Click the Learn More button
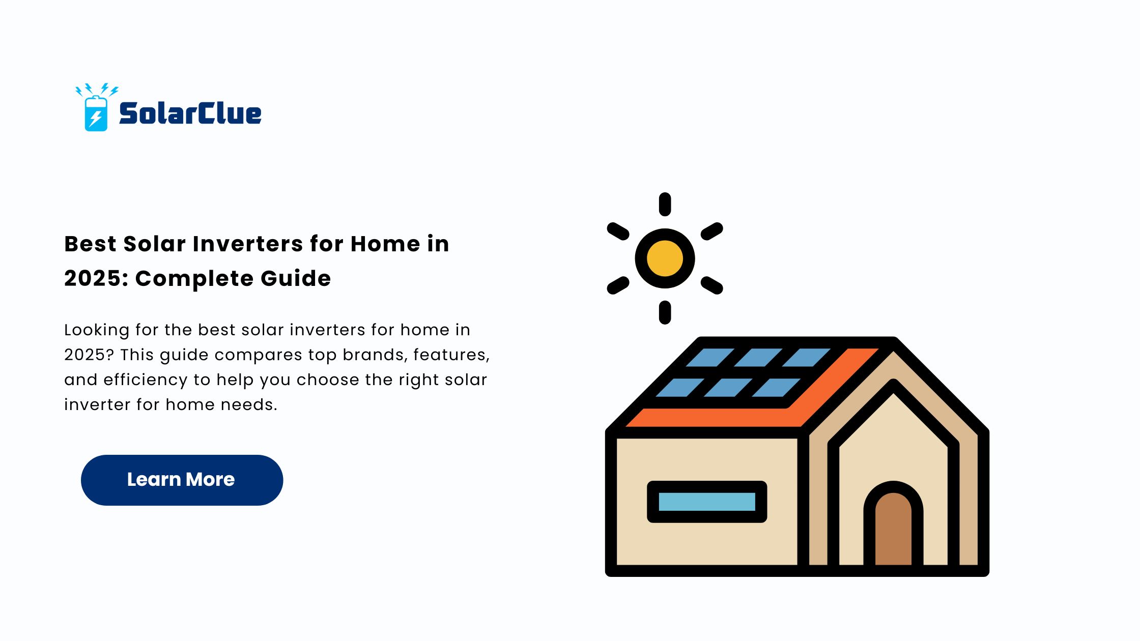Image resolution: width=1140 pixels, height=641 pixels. click(182, 480)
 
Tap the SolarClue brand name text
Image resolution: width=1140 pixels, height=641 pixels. click(190, 113)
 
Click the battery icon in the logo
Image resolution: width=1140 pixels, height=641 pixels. click(96, 113)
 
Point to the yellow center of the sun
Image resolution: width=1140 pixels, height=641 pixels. click(665, 258)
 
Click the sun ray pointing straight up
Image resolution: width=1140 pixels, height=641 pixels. click(665, 204)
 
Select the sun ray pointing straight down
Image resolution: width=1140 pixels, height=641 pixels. click(665, 312)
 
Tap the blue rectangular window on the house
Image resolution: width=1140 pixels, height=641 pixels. click(707, 502)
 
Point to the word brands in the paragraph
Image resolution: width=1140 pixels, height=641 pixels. click(375, 355)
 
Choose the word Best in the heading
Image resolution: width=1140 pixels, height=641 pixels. click(90, 244)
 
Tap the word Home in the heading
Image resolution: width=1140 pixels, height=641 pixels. click(385, 244)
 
